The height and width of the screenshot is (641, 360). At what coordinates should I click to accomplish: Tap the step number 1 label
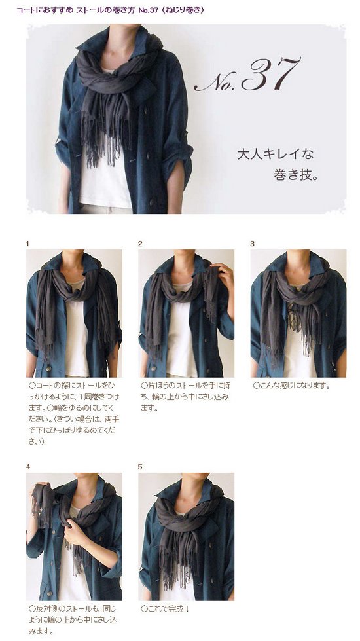27,244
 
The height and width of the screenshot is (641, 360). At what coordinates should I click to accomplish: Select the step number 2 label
140,244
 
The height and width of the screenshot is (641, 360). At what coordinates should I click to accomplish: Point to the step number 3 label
252,244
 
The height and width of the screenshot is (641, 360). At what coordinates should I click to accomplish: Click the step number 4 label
27,467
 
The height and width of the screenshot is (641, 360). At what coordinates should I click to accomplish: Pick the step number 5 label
140,467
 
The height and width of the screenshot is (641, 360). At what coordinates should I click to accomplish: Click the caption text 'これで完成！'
165,609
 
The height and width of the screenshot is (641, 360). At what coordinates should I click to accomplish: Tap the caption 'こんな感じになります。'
291,386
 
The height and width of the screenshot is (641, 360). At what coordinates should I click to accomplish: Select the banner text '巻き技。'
295,175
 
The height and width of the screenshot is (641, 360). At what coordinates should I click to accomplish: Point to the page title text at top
110,10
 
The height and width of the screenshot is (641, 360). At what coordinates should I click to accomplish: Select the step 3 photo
298,314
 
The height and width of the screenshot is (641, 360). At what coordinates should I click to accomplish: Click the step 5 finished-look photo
187,537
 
